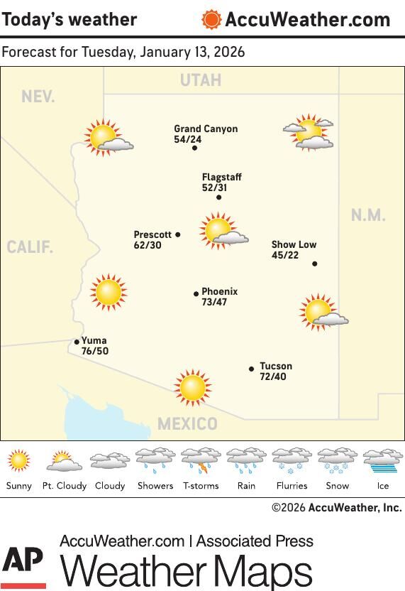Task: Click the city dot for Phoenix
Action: tap(196, 293)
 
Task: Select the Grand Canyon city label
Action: tap(206, 129)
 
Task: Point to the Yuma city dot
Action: tap(77, 342)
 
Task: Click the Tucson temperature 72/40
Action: tap(273, 376)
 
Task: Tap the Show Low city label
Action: tap(294, 244)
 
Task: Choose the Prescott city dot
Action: tap(178, 234)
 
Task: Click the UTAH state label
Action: tap(201, 80)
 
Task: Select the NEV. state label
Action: tap(38, 97)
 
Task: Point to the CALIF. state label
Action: tap(30, 248)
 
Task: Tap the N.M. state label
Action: tap(368, 215)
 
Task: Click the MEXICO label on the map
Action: tap(187, 424)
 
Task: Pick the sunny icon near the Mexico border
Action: tap(192, 387)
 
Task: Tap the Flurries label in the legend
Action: tap(292, 486)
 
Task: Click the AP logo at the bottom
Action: tap(23, 566)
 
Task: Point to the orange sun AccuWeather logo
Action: tap(211, 19)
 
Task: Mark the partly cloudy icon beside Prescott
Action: tap(222, 231)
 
